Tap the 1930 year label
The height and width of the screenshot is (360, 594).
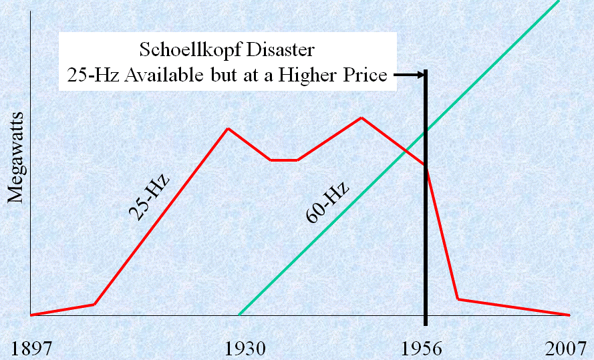click(x=245, y=348)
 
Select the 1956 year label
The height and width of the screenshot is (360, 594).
click(x=426, y=348)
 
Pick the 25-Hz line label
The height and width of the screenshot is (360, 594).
click(x=149, y=198)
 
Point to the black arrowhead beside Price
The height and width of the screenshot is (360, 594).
click(x=421, y=75)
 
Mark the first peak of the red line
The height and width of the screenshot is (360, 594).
click(x=229, y=128)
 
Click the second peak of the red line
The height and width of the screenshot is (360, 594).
click(x=361, y=118)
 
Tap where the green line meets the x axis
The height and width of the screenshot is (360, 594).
click(x=239, y=315)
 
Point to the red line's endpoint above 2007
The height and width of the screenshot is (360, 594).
click(x=569, y=315)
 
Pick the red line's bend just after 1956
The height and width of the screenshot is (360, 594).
click(x=458, y=299)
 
